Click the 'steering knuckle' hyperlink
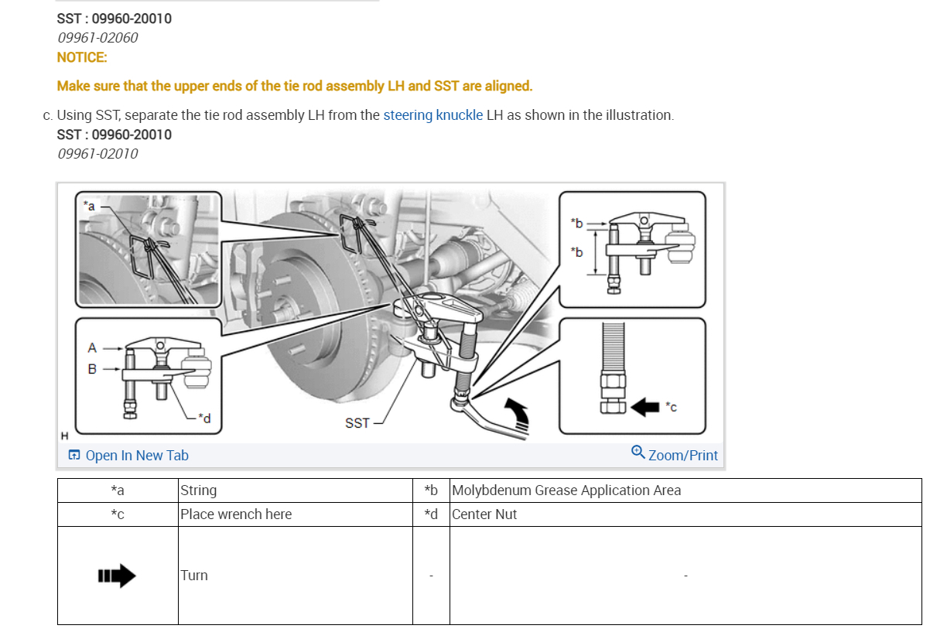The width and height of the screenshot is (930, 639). pyautogui.click(x=433, y=115)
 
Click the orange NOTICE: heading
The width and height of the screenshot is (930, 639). pyautogui.click(x=82, y=57)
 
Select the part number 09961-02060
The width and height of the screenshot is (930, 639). pyautogui.click(x=97, y=37)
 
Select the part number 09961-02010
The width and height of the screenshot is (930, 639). pyautogui.click(x=97, y=153)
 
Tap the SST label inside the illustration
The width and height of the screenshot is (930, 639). pyautogui.click(x=357, y=423)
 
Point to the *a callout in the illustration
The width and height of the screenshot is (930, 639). pyautogui.click(x=90, y=206)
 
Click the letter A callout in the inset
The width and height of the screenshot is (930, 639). pyautogui.click(x=92, y=348)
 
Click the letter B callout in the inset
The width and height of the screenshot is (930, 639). pyautogui.click(x=92, y=369)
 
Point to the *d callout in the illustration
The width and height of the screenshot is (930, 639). pyautogui.click(x=204, y=418)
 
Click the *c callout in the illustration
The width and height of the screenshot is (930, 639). pyautogui.click(x=671, y=407)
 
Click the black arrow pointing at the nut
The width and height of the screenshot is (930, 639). pyautogui.click(x=645, y=406)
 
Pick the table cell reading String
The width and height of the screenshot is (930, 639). pyautogui.click(x=199, y=490)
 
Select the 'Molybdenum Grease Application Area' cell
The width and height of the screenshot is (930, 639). pyautogui.click(x=566, y=490)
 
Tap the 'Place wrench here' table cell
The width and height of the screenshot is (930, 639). pyautogui.click(x=236, y=514)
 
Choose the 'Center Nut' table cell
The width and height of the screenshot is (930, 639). pyautogui.click(x=484, y=514)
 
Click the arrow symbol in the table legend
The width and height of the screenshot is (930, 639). pyautogui.click(x=117, y=576)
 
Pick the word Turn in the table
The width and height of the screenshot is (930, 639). pyautogui.click(x=194, y=576)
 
